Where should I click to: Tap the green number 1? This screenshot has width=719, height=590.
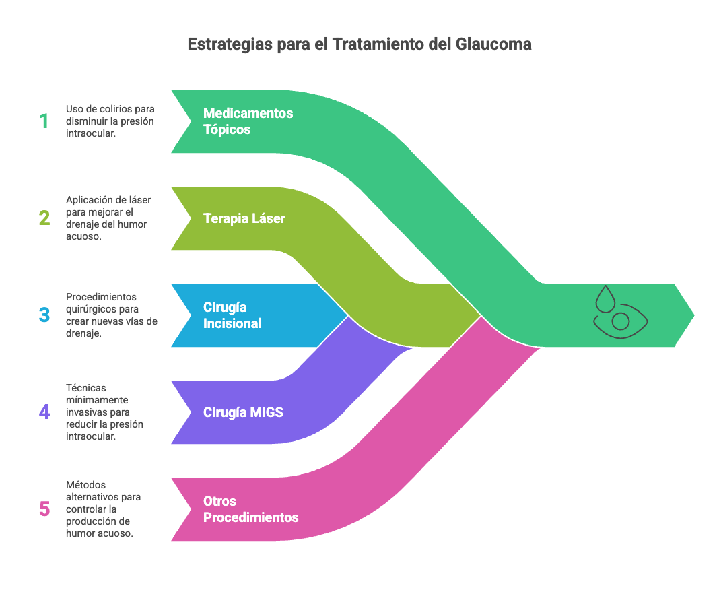click(44, 121)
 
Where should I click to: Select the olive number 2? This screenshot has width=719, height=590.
click(44, 218)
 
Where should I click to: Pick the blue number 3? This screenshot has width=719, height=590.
click(44, 315)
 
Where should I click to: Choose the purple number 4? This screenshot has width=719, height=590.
click(44, 412)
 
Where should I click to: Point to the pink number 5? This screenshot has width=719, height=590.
click(44, 509)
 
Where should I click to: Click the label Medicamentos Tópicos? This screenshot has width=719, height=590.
click(248, 121)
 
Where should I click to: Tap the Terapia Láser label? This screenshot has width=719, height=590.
click(244, 218)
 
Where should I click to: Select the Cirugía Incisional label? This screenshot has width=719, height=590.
click(232, 315)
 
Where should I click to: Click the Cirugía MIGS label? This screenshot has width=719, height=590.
click(243, 412)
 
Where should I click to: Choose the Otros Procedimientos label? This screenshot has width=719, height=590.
click(250, 509)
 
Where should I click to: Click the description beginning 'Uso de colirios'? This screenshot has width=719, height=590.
click(110, 121)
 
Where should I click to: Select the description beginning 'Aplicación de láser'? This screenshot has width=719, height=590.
click(108, 218)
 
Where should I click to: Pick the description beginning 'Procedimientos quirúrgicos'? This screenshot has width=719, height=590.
click(112, 315)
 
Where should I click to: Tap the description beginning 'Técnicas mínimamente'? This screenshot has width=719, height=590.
click(104, 412)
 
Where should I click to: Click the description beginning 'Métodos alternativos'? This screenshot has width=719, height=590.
click(104, 509)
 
